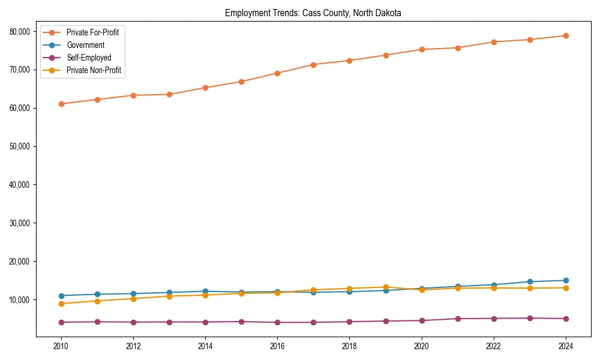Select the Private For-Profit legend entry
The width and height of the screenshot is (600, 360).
tap(92, 32)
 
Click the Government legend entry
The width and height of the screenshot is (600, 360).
tap(85, 45)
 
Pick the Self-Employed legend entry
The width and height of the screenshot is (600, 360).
tap(89, 58)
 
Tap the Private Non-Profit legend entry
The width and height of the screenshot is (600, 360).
tap(94, 70)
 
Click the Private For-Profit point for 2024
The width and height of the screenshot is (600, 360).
tap(566, 35)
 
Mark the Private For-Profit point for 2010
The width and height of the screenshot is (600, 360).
tap(61, 104)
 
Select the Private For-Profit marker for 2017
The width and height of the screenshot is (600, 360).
tap(313, 64)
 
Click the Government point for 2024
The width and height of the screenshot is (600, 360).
tap(566, 280)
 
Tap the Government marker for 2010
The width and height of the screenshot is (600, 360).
tap(61, 296)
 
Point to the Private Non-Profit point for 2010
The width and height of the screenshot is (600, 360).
tap(61, 304)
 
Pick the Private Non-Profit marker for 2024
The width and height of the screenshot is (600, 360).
tap(566, 288)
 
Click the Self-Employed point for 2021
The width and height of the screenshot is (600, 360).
tap(458, 319)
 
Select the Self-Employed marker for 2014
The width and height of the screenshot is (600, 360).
tap(205, 322)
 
